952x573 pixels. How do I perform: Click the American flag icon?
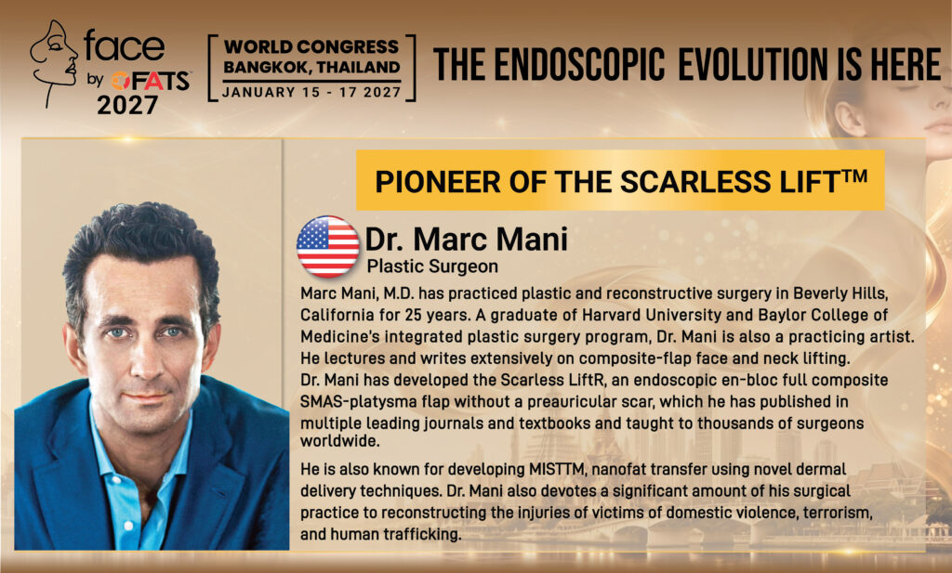[328, 247]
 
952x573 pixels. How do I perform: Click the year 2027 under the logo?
[127, 106]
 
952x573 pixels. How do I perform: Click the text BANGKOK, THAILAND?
[312, 67]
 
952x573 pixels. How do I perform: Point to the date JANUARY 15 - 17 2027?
[312, 92]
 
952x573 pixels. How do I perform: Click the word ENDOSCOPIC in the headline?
[579, 65]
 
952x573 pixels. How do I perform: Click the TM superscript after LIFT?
[853, 176]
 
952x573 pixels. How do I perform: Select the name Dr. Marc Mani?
[467, 239]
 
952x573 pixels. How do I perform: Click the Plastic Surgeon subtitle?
[432, 267]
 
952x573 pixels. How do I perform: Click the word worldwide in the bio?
[340, 441]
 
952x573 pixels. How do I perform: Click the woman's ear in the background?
[849, 118]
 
